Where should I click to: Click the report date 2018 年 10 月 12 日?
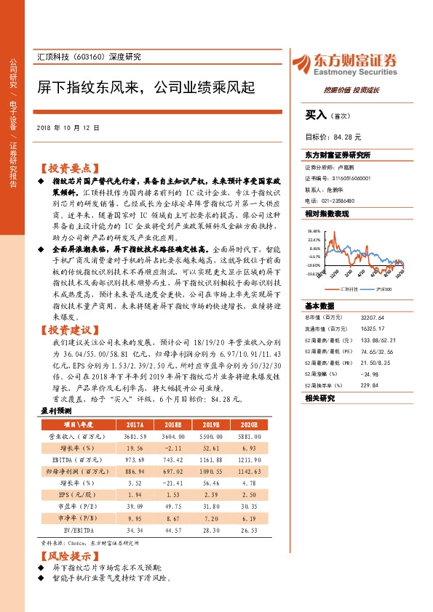68,127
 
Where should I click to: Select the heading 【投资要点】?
68,166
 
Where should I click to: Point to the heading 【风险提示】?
68,555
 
